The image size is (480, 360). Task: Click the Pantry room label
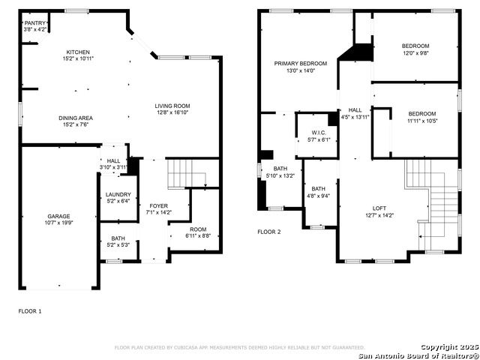point(35,23)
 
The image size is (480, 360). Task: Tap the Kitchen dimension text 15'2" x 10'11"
point(78,58)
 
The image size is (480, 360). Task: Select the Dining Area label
point(76,118)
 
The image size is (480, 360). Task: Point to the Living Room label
point(172,106)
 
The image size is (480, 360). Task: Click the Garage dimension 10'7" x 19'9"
point(58,223)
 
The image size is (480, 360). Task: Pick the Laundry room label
point(118,194)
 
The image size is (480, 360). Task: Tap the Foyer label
point(158,205)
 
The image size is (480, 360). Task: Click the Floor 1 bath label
point(118,238)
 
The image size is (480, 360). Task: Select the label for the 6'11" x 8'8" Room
point(198,229)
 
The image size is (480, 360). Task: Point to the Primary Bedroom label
point(301,63)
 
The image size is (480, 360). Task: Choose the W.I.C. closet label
point(319,133)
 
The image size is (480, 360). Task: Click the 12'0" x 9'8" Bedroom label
point(415,46)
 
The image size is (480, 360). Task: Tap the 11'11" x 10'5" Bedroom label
point(422,113)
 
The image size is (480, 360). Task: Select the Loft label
point(379,208)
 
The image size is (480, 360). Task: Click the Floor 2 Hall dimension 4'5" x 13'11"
point(355,117)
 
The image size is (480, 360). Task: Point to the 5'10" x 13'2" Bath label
point(280,168)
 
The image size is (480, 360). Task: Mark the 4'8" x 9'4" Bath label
point(318,188)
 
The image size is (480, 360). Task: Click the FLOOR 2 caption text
point(269,232)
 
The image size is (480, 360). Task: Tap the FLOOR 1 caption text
point(30,311)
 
